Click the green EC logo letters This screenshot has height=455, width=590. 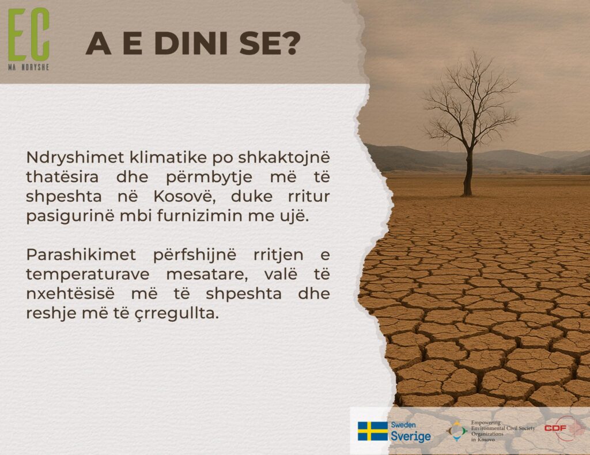29,35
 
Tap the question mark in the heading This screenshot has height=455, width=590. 290,43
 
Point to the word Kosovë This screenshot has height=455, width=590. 184,197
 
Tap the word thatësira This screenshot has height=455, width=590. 62,177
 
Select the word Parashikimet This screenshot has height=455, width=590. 81,255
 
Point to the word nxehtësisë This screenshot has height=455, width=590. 70,294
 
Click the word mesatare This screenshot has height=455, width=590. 207,274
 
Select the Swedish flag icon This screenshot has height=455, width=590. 373,431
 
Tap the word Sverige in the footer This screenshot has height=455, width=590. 410,437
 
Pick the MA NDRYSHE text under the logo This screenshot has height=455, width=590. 29,67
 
